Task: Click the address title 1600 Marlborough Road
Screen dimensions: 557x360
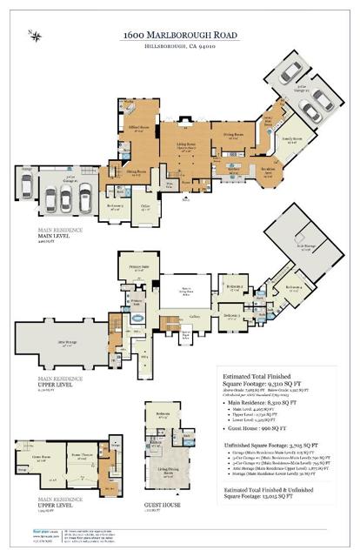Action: pyautogui.click(x=180, y=33)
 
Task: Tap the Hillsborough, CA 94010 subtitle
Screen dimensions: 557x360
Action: pyautogui.click(x=180, y=46)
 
